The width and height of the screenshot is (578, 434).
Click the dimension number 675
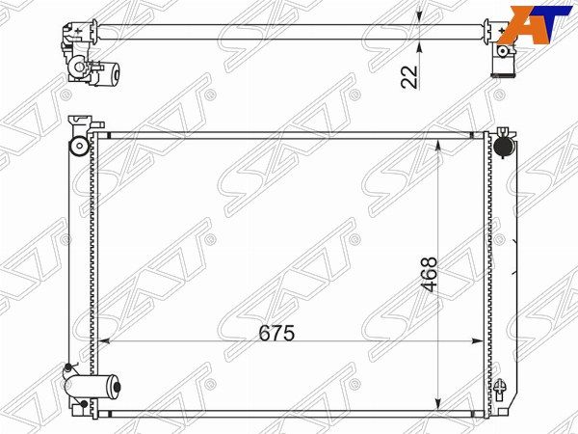coord(276,334)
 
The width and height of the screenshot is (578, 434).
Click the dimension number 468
coord(431,274)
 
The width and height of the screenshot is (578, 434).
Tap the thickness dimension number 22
coord(410,77)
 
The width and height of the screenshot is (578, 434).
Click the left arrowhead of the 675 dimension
coord(105,341)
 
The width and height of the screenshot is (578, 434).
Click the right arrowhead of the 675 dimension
coord(478,341)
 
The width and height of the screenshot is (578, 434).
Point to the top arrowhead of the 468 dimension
coord(438,145)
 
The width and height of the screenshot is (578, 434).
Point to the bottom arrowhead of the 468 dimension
coord(438,404)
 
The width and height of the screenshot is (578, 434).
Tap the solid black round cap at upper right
coord(503,147)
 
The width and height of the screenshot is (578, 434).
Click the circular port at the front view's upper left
coord(79,146)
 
